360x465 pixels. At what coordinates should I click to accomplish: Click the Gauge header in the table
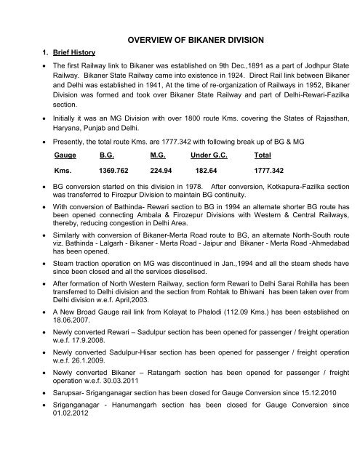(x=65, y=155)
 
